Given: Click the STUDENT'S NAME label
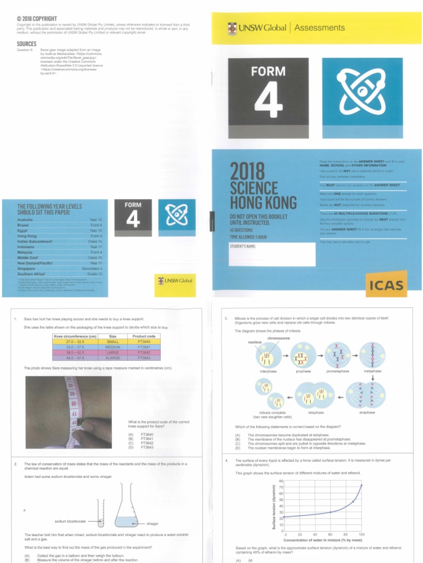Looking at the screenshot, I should [x=243, y=246].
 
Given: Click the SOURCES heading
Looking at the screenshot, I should [x=27, y=44].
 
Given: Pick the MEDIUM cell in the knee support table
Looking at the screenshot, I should [x=113, y=347].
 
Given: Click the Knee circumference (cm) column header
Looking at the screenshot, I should [x=75, y=336].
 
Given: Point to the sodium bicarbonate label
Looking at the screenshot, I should [x=70, y=521].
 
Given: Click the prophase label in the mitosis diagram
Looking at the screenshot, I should [x=303, y=371].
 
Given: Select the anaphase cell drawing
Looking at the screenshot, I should [x=367, y=396].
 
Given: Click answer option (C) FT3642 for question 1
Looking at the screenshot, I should [x=144, y=443].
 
